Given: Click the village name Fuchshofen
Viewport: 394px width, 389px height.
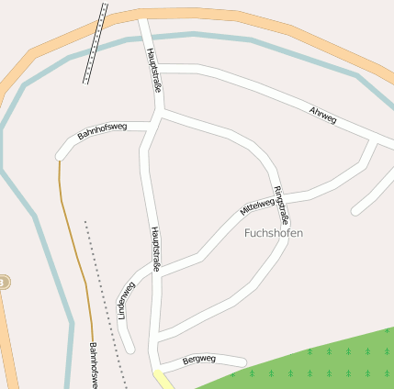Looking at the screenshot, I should pyautogui.click(x=274, y=233).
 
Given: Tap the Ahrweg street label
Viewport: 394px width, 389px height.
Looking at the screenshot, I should pyautogui.click(x=323, y=115).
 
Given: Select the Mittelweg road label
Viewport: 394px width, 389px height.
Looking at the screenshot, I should pyautogui.click(x=257, y=201).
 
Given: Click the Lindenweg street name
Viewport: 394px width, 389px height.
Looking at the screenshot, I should pyautogui.click(x=126, y=300).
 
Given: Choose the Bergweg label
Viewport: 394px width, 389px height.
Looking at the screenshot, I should pyautogui.click(x=199, y=359).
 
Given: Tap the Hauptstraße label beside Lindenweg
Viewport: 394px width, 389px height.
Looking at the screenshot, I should pyautogui.click(x=155, y=250).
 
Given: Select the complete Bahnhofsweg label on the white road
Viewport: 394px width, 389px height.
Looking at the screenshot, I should pyautogui.click(x=102, y=131).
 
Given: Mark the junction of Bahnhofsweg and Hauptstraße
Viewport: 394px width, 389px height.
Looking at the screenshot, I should pyautogui.click(x=152, y=127).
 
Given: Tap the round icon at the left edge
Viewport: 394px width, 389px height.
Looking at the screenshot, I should pyautogui.click(x=3, y=282).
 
